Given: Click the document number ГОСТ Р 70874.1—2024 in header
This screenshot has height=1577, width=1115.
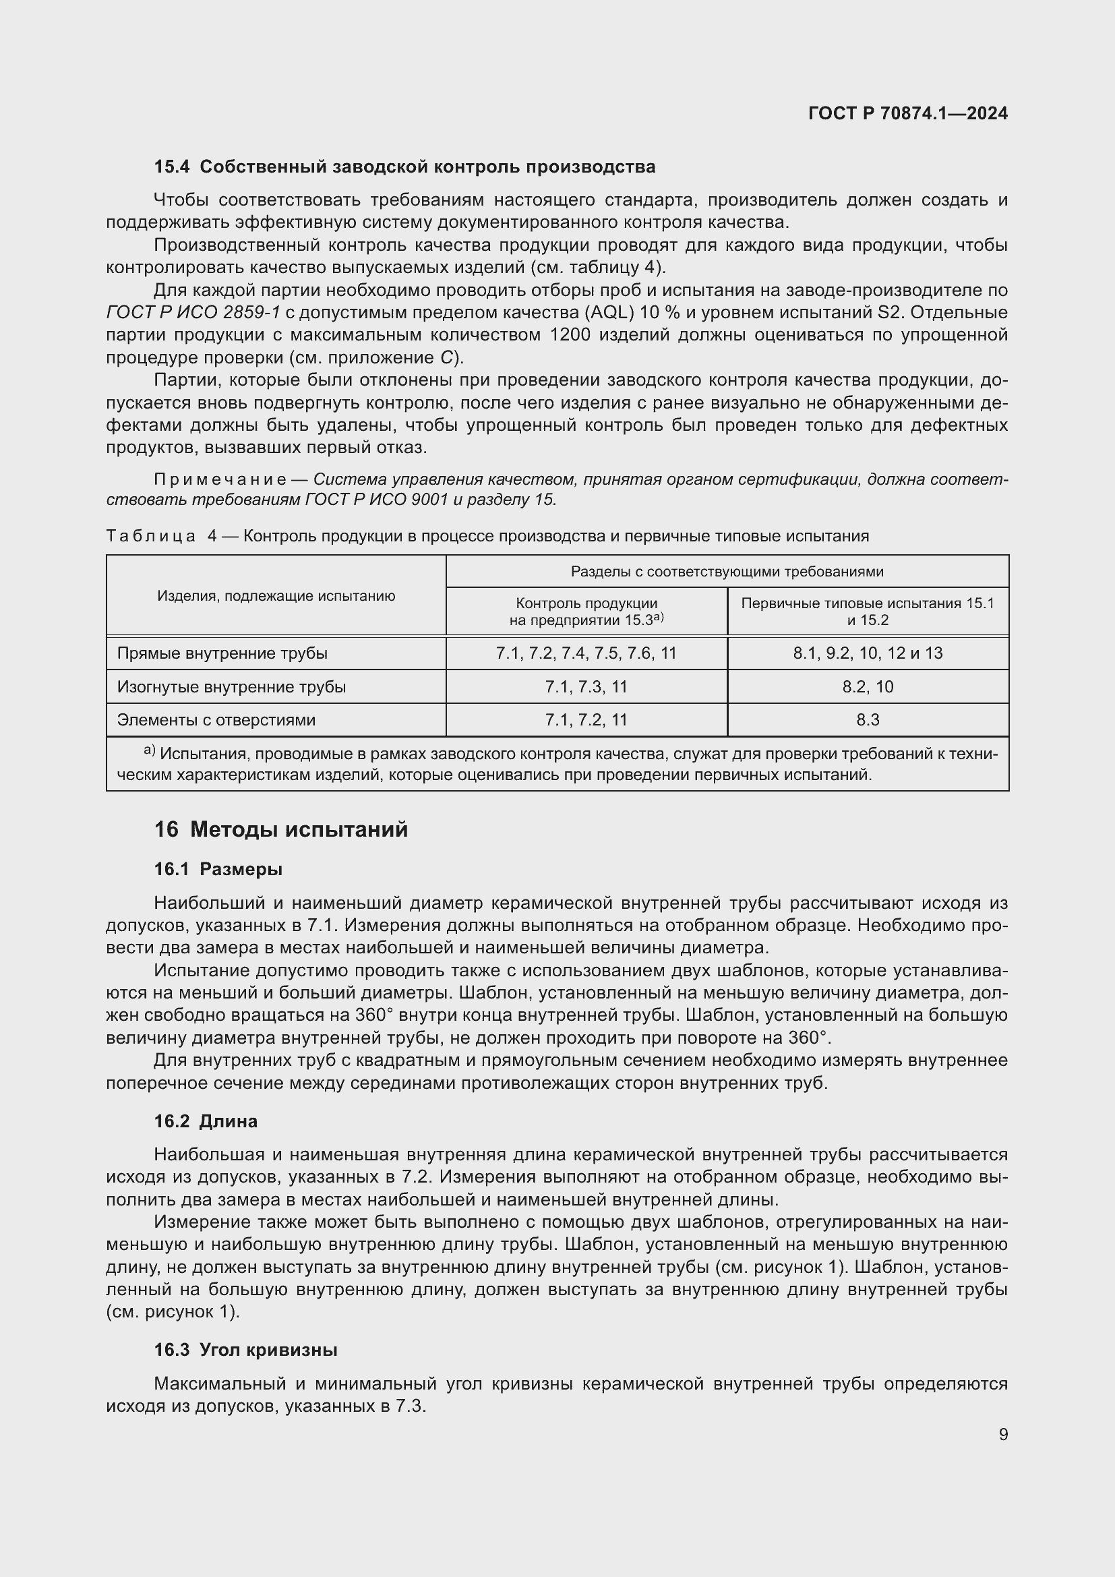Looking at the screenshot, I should coord(907,114).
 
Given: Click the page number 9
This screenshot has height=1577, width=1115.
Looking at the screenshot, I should coord(1003,1435).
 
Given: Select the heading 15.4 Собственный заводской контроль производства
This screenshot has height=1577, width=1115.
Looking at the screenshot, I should coord(404,167).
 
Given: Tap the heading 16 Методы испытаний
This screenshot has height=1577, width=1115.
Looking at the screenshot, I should coord(281,830).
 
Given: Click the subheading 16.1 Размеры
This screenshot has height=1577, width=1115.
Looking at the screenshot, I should coord(218,870).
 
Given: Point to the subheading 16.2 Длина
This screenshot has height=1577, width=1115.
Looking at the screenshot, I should coord(206,1122).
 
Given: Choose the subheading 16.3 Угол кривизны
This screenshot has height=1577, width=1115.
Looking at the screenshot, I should coord(245,1350).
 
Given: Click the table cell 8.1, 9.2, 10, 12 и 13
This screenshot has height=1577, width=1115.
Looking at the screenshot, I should coord(868,653).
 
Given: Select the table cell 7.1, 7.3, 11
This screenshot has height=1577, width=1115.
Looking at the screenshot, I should coord(586,687).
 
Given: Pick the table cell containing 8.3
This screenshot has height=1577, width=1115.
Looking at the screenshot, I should coord(868,720).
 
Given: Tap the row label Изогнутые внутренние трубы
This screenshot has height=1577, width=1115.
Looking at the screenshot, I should coord(231,687).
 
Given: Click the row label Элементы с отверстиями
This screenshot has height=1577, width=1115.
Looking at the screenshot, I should coord(216,720).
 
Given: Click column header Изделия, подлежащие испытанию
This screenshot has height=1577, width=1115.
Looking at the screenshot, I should coord(276,596).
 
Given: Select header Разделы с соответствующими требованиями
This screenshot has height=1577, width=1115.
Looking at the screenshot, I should coord(727,572).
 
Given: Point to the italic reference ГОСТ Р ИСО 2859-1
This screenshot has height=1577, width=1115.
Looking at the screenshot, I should coord(193,313).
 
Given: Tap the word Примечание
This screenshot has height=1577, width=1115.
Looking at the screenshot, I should coord(220,479).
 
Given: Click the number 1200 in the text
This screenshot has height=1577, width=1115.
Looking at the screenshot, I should coord(570,335).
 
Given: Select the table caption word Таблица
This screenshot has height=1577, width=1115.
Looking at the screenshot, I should coord(151,537).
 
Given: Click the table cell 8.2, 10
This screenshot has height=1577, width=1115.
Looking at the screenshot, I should coord(868,687).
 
